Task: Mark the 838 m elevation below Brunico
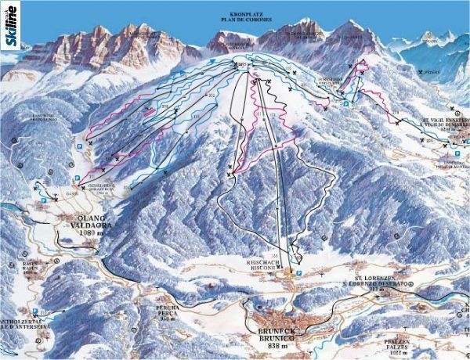point(278,346)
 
